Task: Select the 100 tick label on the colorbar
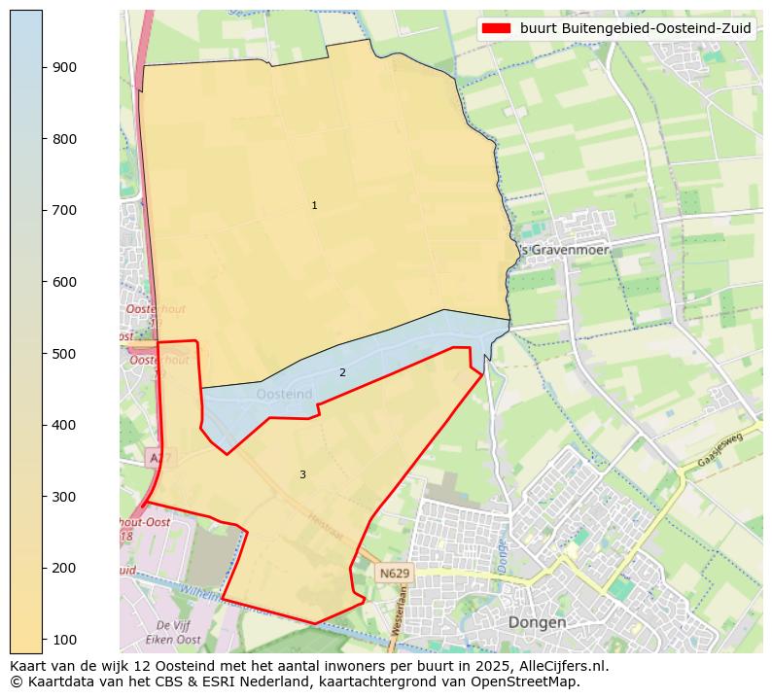[64, 640]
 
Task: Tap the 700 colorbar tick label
[64, 210]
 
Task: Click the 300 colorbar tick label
[64, 497]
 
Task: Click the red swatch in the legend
[497, 29]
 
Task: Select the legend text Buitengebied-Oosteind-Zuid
[636, 29]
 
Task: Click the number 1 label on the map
[314, 206]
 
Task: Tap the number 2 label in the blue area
[342, 373]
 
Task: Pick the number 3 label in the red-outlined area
[302, 475]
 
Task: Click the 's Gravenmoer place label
[564, 250]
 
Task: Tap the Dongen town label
[537, 622]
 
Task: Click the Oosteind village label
[285, 394]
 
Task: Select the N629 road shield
[395, 574]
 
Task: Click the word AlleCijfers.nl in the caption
[560, 667]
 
